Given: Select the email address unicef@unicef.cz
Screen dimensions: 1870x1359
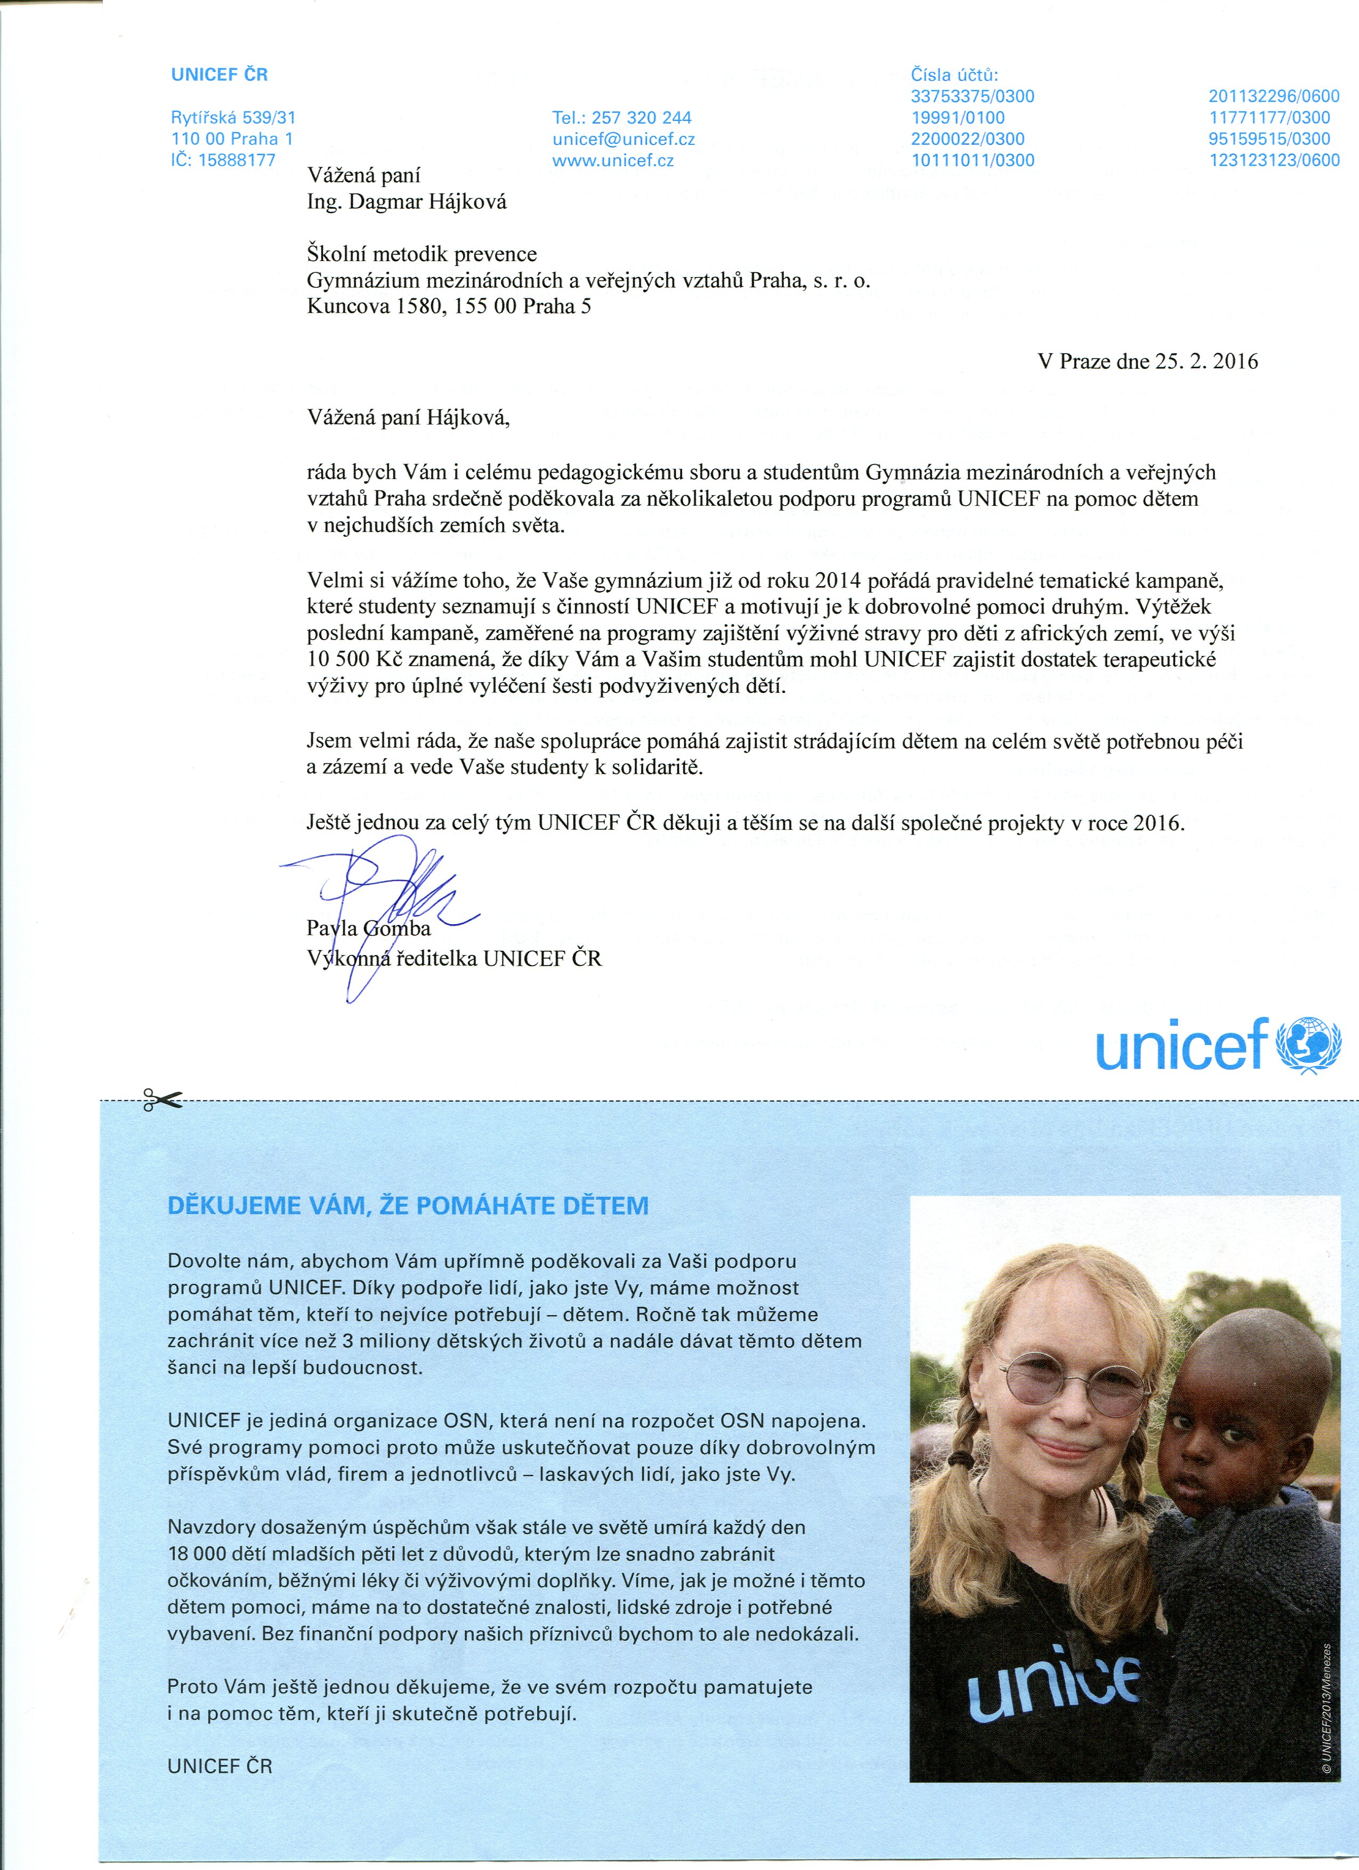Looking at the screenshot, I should [x=624, y=139].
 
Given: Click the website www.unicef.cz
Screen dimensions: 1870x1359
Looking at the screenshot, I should [x=613, y=161].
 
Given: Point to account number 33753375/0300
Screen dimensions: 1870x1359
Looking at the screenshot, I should [x=972, y=96].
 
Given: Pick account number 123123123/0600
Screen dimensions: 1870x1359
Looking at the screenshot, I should [x=1274, y=161].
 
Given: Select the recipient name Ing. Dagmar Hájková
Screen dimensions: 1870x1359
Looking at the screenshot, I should [x=407, y=202].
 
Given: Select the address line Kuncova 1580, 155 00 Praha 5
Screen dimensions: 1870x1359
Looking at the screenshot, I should [x=449, y=307].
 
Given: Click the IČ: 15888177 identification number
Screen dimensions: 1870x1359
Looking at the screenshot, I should [x=223, y=161].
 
